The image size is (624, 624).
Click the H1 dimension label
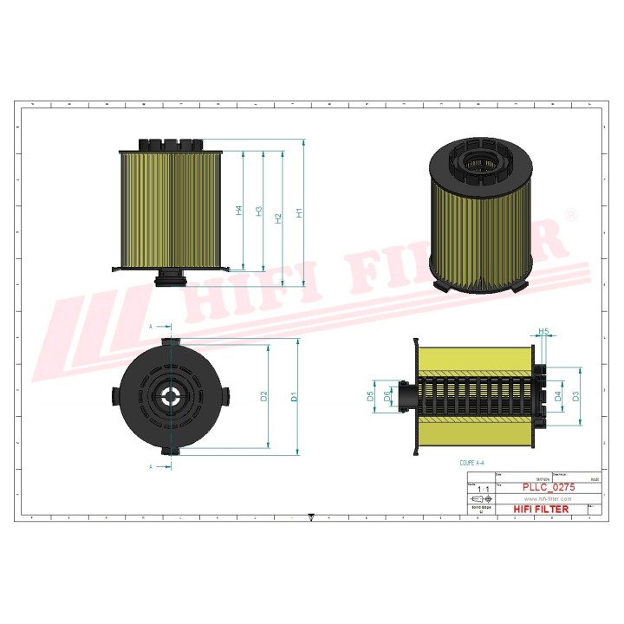click(299, 212)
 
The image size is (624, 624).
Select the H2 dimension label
click(278, 218)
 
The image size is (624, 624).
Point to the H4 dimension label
click(239, 211)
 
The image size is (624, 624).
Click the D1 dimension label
click(294, 397)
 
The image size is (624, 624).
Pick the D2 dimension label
click(264, 397)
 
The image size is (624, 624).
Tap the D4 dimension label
click(559, 396)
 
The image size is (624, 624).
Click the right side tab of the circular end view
click(227, 396)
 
